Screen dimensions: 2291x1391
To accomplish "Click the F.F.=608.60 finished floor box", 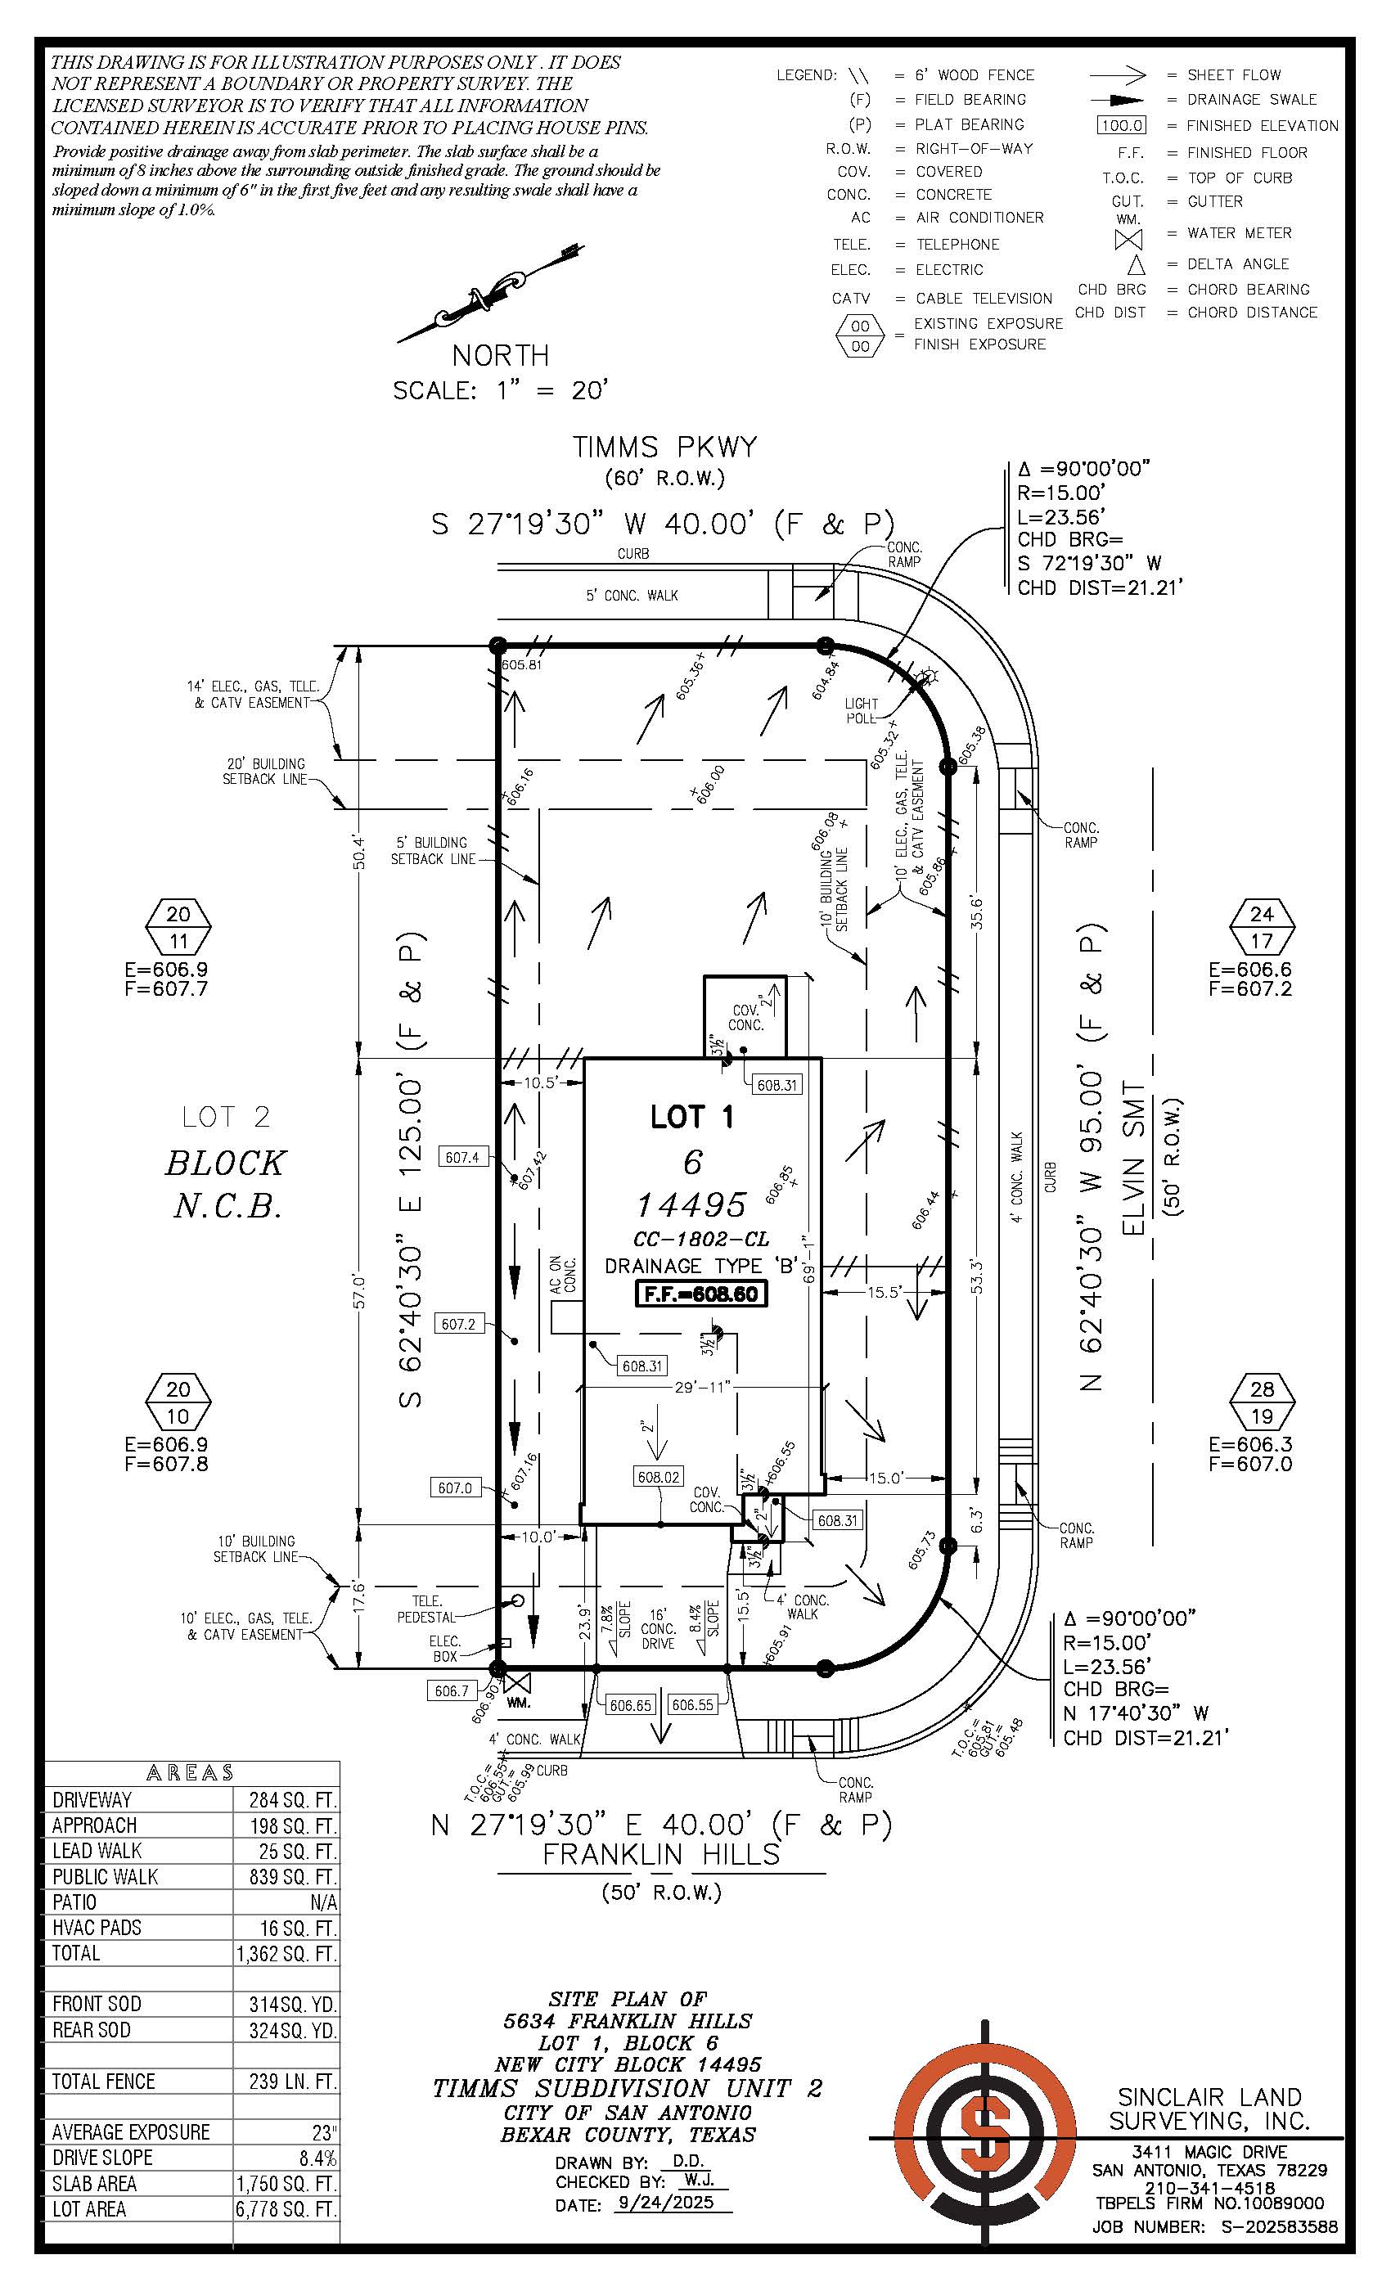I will [x=700, y=1294].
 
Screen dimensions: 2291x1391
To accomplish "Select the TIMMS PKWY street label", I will [x=664, y=448].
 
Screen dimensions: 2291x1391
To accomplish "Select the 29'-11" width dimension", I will [x=702, y=1387].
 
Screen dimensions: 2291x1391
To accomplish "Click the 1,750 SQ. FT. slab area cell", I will [x=286, y=2182].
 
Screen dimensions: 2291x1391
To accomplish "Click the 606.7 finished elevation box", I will [x=451, y=1690].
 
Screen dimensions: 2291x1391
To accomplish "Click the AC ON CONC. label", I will [x=563, y=1276].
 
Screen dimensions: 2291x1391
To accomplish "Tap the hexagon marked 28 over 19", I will [x=1262, y=1403].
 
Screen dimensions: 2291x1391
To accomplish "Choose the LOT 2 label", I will [x=226, y=1116].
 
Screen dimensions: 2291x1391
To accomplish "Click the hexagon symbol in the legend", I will [x=860, y=335].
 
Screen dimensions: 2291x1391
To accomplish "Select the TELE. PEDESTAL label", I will [x=427, y=1609].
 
